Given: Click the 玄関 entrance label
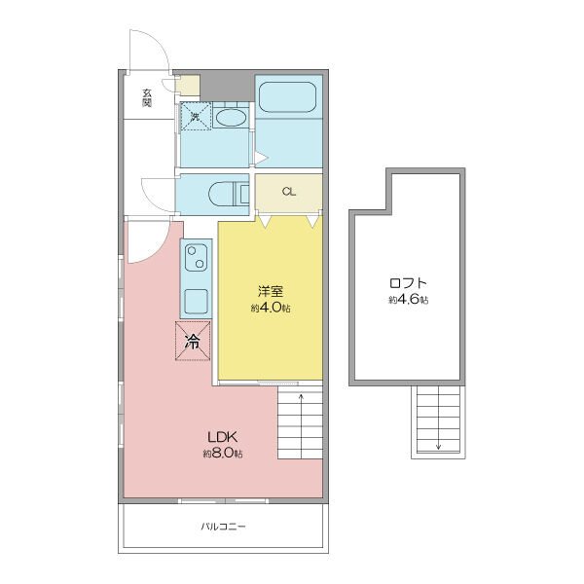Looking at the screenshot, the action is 147,97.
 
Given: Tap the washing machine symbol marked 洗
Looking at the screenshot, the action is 196,117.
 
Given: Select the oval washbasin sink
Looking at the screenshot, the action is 231,118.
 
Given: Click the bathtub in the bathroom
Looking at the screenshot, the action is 287,96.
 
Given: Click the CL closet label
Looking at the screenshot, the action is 289,192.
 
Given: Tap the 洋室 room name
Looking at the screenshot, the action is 271,291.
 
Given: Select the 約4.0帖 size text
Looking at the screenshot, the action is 271,308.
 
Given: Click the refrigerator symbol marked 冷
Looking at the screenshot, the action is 193,341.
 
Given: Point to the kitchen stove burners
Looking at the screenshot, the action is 196,257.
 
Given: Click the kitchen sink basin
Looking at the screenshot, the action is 196,302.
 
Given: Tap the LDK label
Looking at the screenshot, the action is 223,436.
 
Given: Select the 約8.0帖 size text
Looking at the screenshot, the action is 223,454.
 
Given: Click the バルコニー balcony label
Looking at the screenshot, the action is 223,527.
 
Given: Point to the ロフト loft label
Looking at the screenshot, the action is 408,283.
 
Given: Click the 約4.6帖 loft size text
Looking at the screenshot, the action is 408,300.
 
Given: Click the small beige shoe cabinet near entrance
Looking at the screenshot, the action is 188,86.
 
